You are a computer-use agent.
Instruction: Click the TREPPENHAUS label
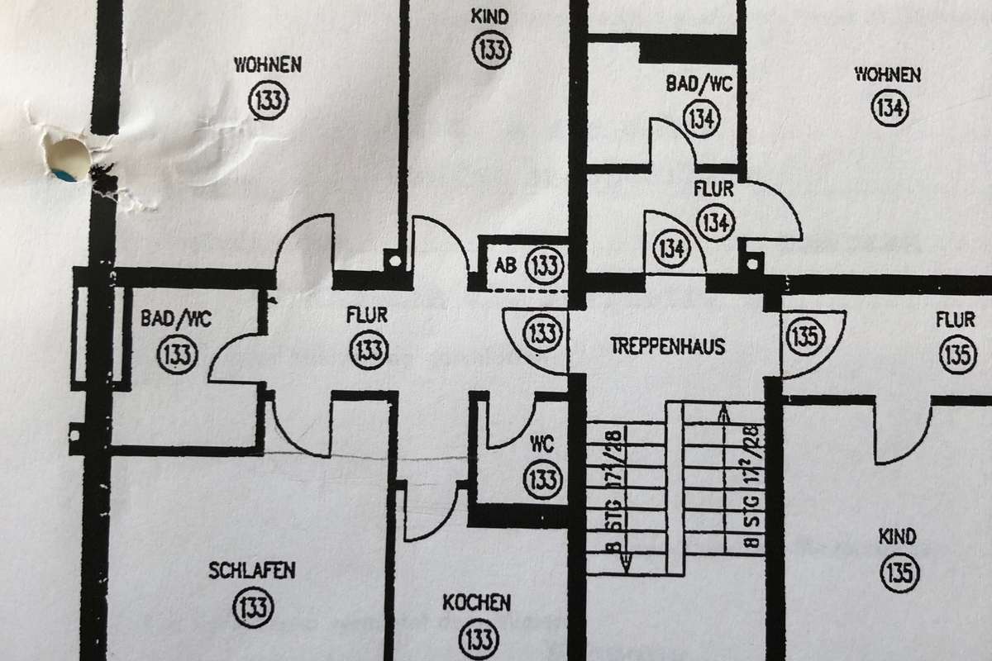tap(667, 345)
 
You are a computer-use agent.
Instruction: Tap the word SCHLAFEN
tap(252, 571)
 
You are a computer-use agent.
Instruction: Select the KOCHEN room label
tap(476, 602)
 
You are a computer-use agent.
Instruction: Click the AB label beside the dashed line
tap(506, 266)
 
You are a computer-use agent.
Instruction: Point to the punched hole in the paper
tap(68, 157)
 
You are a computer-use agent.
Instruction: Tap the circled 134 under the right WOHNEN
tap(889, 108)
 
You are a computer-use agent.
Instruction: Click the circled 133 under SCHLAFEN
tap(253, 608)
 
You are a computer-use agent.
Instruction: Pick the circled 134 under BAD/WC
tap(702, 118)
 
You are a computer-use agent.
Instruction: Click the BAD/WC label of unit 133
tap(176, 318)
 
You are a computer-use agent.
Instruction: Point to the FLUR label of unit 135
tap(956, 319)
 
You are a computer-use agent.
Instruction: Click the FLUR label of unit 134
tap(714, 189)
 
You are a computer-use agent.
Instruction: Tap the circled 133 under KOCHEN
tap(479, 638)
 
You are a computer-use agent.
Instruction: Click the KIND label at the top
tap(489, 16)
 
